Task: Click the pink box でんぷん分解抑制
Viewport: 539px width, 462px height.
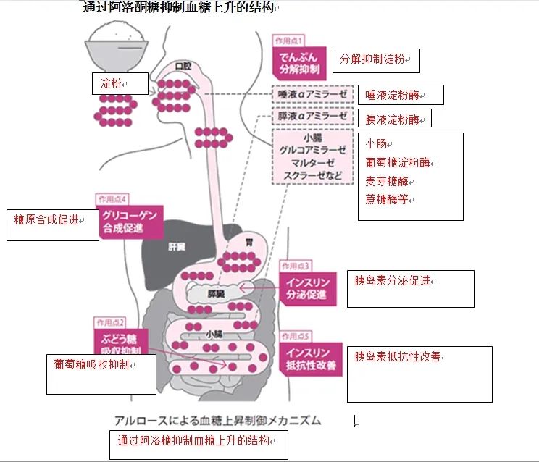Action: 298,63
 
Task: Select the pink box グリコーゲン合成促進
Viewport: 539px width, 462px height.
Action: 129,222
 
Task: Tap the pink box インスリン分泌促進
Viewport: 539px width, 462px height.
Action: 306,288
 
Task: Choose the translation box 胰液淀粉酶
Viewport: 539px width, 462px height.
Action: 391,119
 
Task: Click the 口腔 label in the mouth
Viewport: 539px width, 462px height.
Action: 183,67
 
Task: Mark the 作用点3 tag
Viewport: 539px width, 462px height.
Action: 296,266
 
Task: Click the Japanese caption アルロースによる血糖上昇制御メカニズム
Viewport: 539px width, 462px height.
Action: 217,420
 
